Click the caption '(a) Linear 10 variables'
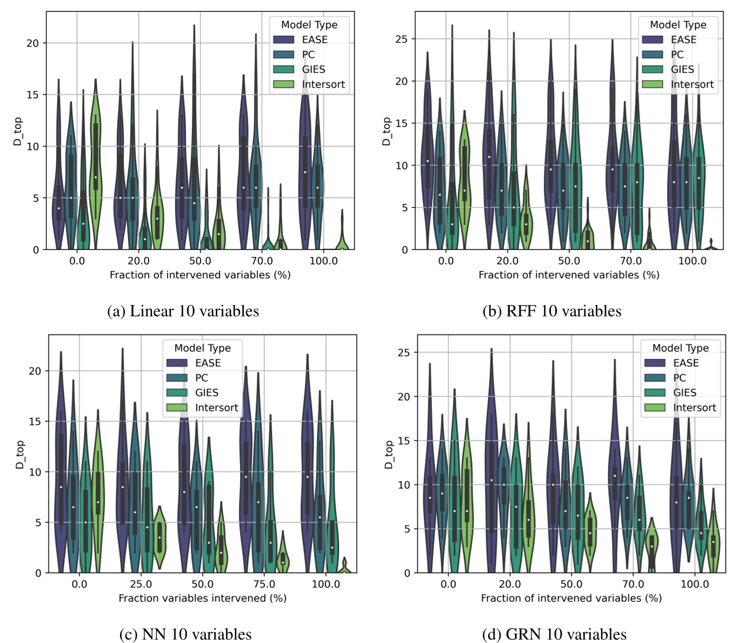(183, 311)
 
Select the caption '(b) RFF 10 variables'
(551, 311)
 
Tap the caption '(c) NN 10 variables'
(185, 634)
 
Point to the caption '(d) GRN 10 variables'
(554, 634)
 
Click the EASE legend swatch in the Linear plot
(283, 39)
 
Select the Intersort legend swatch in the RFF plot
(652, 84)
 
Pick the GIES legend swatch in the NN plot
(177, 393)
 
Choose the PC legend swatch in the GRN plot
(655, 378)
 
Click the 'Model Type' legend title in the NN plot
(202, 348)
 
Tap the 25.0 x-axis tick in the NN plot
(141, 584)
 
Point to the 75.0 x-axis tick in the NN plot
(264, 584)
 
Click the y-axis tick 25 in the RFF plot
(401, 39)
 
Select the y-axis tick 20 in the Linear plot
(32, 43)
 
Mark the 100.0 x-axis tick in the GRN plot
(695, 584)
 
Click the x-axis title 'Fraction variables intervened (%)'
(202, 598)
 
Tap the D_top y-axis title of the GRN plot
(388, 454)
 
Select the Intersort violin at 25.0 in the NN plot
(159, 537)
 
